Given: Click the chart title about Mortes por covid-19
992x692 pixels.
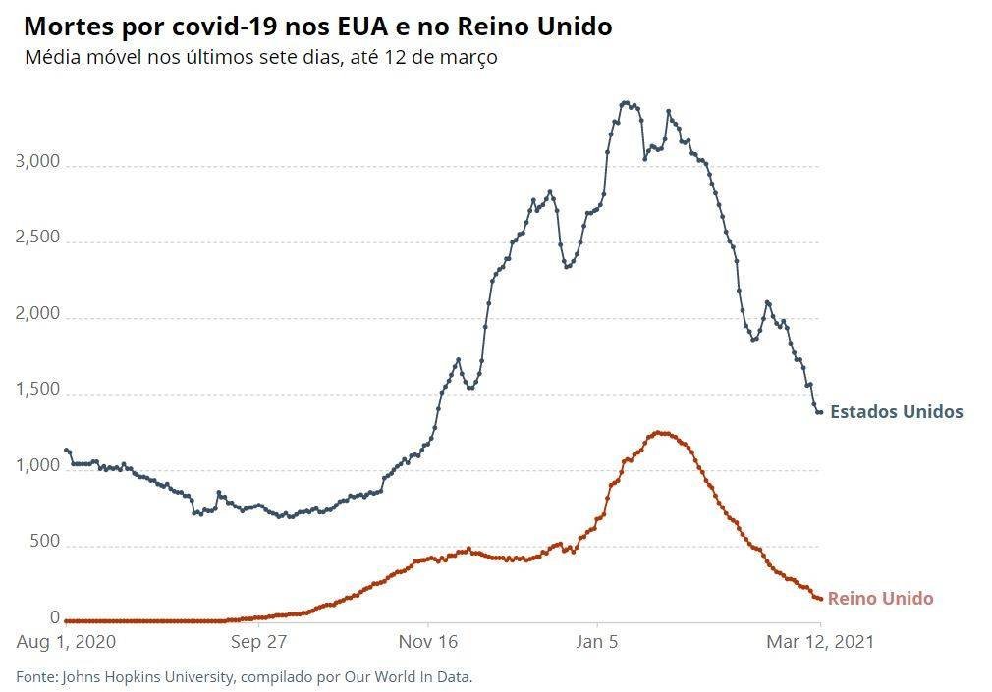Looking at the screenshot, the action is point(317,27).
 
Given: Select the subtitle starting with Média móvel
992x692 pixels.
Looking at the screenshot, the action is point(260,58).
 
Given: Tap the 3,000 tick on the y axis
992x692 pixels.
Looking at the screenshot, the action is point(37,161).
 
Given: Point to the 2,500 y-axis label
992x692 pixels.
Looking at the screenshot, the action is point(37,238).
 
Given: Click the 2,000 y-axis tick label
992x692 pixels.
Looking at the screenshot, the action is point(37,313).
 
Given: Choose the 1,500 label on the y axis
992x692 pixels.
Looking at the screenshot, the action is point(37,389).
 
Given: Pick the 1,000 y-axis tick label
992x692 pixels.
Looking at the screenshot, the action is point(37,465).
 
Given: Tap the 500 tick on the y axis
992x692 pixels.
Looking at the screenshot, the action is point(44,542).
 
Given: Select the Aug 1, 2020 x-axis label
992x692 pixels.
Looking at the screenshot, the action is point(66,642).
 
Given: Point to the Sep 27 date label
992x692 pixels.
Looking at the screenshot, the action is point(258,642).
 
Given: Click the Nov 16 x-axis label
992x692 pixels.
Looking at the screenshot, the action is point(428,642).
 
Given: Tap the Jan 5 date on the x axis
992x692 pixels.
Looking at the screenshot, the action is point(597,642).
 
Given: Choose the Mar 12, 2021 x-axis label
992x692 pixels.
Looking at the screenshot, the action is point(820,642).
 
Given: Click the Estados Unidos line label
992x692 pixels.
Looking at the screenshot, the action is point(897,412).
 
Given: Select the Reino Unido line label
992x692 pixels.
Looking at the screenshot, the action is point(881,599).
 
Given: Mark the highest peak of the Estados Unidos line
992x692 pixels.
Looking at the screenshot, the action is point(626,102).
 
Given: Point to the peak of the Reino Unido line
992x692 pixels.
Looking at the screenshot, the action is point(660,433).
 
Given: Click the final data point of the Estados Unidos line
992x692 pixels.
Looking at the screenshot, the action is point(820,412).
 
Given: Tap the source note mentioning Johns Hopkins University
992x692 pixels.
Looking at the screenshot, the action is point(245,677).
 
